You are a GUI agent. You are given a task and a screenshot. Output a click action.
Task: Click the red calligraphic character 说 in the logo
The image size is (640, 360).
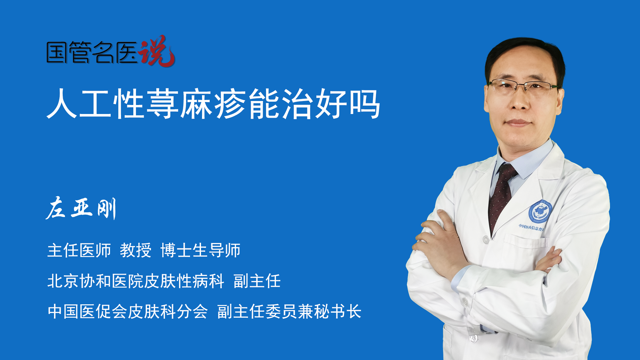click(x=157, y=51)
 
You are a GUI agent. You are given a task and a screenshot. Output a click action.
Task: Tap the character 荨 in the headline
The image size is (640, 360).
click(x=163, y=104)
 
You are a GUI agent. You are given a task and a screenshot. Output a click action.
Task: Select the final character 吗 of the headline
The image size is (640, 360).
click(x=365, y=104)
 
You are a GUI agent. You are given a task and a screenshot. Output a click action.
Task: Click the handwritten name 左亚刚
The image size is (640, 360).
click(x=81, y=208)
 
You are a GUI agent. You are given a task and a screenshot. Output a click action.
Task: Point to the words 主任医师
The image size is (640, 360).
click(x=79, y=250)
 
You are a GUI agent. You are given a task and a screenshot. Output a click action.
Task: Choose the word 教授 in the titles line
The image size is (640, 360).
click(x=136, y=250)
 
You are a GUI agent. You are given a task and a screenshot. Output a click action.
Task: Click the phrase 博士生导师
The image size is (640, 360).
click(x=200, y=250)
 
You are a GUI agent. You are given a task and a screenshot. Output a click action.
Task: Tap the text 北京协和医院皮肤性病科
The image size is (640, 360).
click(x=136, y=281)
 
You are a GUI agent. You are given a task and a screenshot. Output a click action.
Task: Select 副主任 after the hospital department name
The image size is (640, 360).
click(x=257, y=281)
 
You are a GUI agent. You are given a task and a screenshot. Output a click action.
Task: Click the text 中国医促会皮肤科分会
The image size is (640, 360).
click(x=128, y=312)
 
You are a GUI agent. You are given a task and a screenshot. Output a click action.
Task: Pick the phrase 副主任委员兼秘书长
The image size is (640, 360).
click(x=289, y=312)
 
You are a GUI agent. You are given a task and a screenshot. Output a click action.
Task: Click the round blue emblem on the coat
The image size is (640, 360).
click(x=540, y=212)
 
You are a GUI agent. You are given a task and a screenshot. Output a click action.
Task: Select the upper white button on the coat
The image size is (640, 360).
click(x=486, y=239)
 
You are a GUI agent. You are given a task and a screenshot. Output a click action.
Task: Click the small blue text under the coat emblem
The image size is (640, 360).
click(x=531, y=228)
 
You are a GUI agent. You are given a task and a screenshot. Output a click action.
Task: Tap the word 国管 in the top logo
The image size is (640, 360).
click(x=68, y=52)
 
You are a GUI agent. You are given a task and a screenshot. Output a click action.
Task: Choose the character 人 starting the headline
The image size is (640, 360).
click(x=62, y=104)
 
